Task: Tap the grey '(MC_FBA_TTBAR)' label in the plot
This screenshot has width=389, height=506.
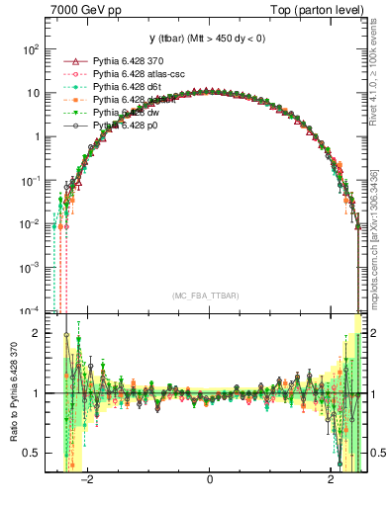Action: pyautogui.click(x=209, y=295)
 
